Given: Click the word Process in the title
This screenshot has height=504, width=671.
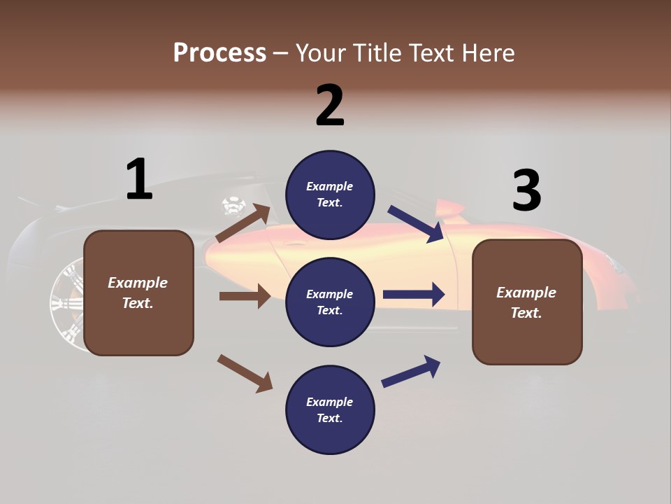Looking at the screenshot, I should pyautogui.click(x=219, y=53).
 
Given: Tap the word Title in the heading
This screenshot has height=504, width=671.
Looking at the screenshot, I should pyautogui.click(x=375, y=53).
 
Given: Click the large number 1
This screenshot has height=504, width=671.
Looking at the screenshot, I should pyautogui.click(x=139, y=180).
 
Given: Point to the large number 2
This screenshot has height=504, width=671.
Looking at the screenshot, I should pyautogui.click(x=330, y=106).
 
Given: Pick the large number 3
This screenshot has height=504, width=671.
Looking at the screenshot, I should pyautogui.click(x=526, y=190).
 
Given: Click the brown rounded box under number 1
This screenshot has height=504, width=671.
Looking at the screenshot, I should pyautogui.click(x=138, y=293).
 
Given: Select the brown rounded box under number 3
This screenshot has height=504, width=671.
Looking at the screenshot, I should pyautogui.click(x=527, y=302).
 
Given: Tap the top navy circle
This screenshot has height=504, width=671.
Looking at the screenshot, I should pyautogui.click(x=330, y=195).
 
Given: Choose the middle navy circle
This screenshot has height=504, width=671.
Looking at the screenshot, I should pyautogui.click(x=330, y=302).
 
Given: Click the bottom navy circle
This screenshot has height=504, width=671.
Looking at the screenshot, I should pyautogui.click(x=330, y=409).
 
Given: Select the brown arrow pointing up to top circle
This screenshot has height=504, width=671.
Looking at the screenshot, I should pyautogui.click(x=244, y=223).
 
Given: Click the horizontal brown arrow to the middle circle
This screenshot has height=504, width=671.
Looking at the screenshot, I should pyautogui.click(x=245, y=296).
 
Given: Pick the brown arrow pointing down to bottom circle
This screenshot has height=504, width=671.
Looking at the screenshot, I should pyautogui.click(x=245, y=372).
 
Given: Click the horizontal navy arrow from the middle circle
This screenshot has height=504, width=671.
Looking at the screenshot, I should pyautogui.click(x=414, y=295).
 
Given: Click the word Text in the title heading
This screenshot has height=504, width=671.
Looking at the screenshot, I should pyautogui.click(x=431, y=53).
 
